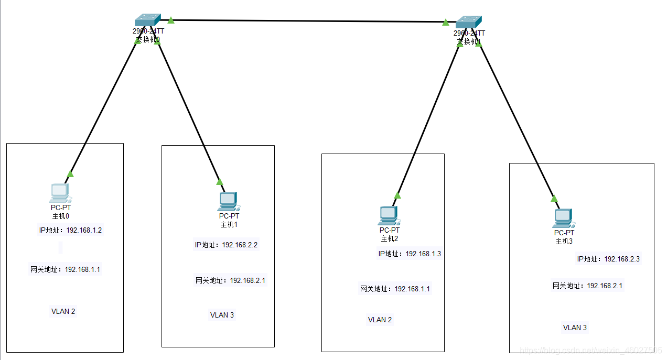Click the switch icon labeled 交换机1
(468, 22)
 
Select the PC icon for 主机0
(60, 193)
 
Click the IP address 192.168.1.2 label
(70, 230)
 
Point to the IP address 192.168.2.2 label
(226, 245)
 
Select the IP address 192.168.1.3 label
(410, 254)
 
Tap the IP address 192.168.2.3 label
(608, 259)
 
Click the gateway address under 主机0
(65, 269)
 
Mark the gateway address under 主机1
(230, 280)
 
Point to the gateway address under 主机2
(395, 289)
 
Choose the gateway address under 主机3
(587, 286)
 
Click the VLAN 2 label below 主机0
(63, 311)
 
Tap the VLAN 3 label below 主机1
(222, 315)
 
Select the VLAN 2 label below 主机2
(380, 320)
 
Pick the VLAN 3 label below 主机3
(575, 328)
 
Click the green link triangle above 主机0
(70, 174)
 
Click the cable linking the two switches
(308, 21)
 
